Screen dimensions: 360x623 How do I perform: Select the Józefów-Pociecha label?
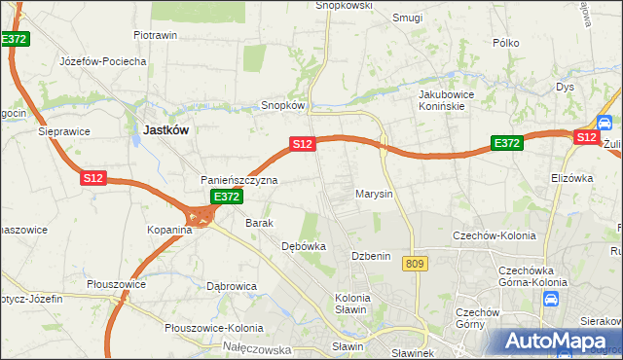click(x=102, y=60)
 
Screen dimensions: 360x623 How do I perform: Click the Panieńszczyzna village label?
click(x=239, y=180)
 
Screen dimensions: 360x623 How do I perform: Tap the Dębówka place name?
click(x=303, y=247)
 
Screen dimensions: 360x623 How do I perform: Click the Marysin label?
click(x=373, y=194)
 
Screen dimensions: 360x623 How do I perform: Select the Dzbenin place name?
click(x=371, y=256)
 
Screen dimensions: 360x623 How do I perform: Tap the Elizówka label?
click(x=571, y=178)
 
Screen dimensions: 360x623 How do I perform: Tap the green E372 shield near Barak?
click(x=226, y=197)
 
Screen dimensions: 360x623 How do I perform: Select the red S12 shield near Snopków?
click(x=302, y=144)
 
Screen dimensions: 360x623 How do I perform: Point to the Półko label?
click(x=506, y=43)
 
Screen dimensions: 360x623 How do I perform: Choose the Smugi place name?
click(x=407, y=18)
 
